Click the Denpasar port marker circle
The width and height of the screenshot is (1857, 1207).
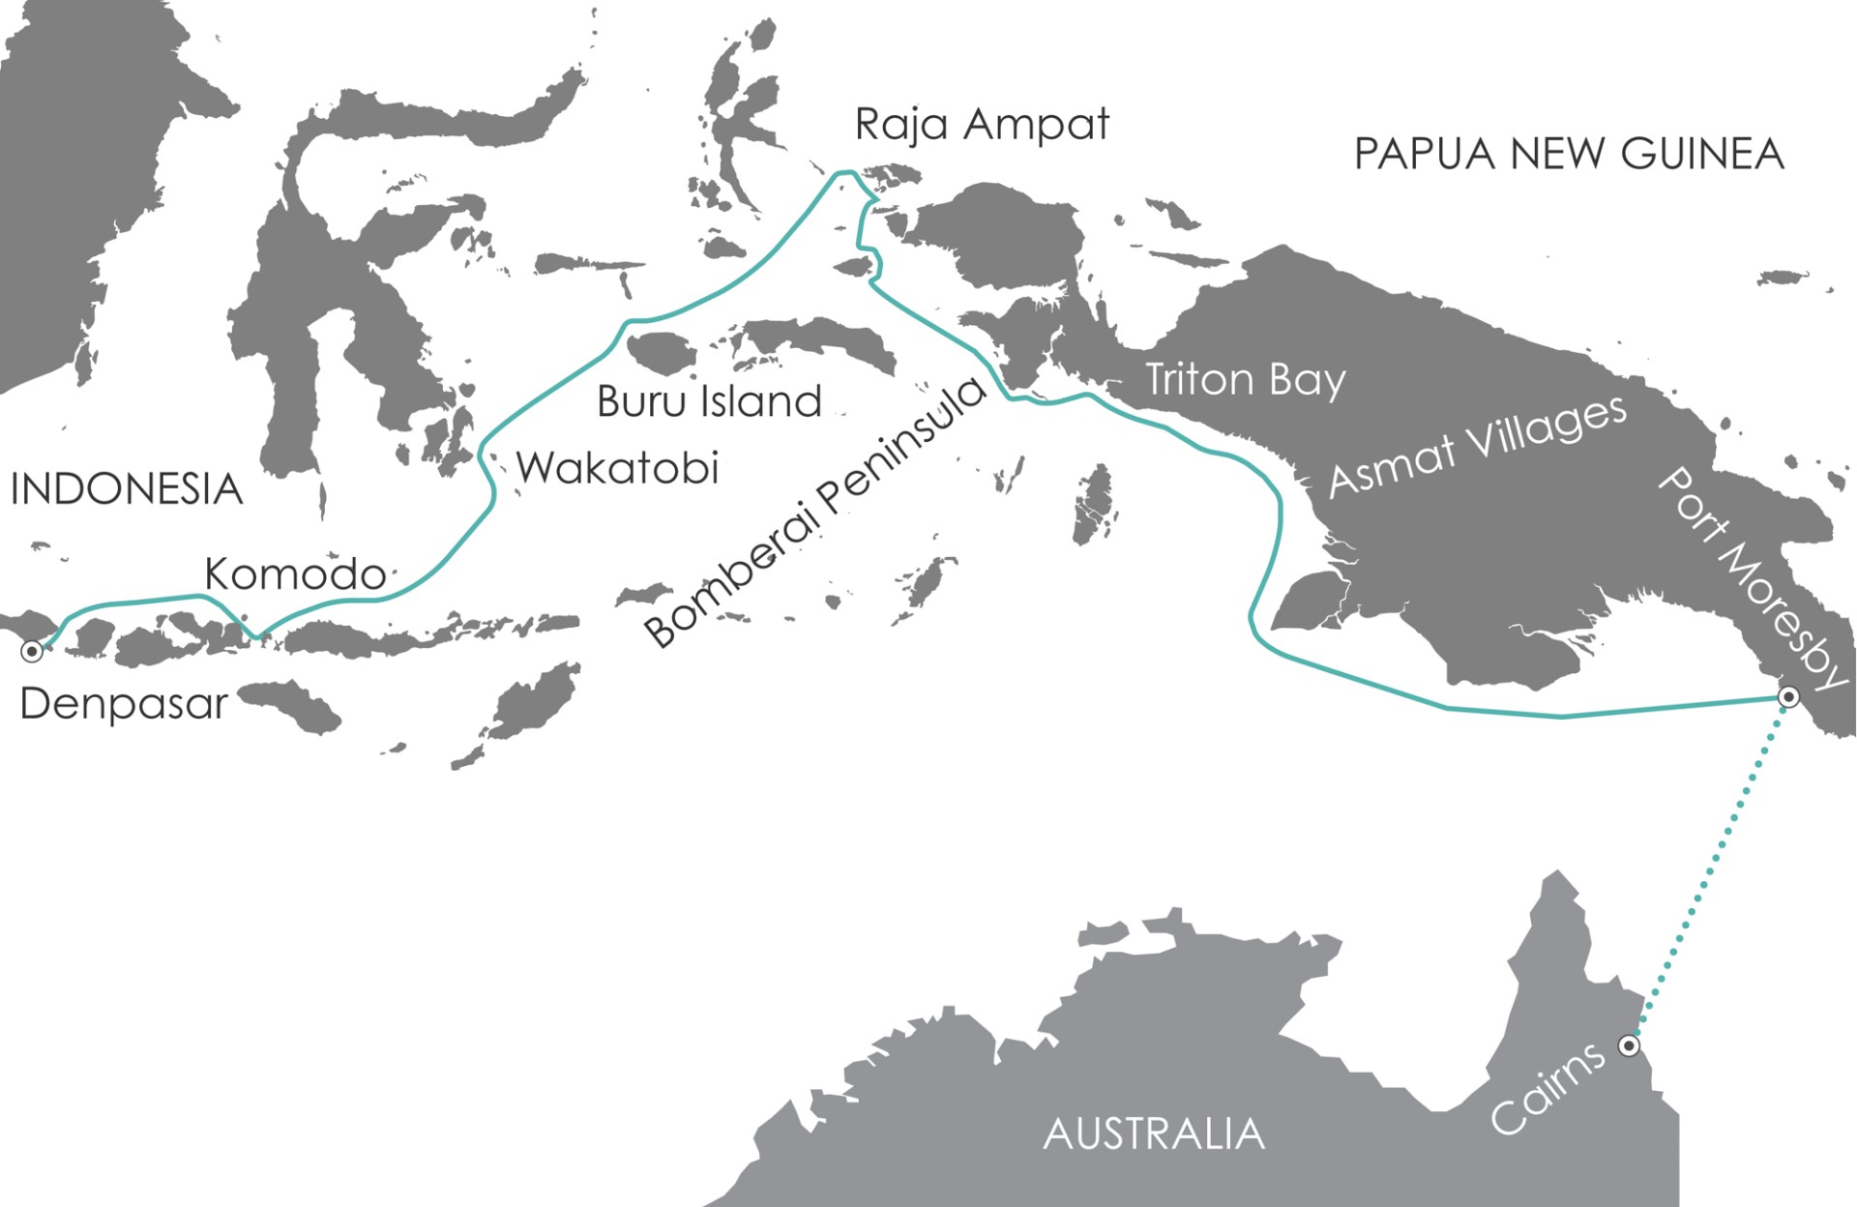[x=32, y=652]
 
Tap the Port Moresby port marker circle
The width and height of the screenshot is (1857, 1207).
[x=1789, y=696]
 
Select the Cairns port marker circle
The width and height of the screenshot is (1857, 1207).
[x=1630, y=1045]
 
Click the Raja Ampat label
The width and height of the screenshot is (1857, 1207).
[x=982, y=125]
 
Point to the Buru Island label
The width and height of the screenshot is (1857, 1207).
[x=709, y=401]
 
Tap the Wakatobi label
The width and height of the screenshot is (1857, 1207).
[x=618, y=468]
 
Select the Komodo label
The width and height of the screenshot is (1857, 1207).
[x=295, y=574]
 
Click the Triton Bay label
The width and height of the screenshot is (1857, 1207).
[x=1245, y=380]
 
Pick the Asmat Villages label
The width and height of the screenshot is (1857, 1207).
[x=1478, y=446]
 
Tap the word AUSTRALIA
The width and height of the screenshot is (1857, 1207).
[x=1154, y=1133]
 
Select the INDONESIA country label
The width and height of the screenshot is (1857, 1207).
[x=126, y=489]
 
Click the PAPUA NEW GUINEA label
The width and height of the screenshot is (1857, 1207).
[x=1568, y=154]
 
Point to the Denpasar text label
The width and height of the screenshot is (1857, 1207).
[x=124, y=703]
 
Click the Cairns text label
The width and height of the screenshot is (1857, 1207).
[x=1547, y=1089]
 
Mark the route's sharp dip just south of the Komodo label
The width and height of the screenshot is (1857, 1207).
[x=257, y=635]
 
